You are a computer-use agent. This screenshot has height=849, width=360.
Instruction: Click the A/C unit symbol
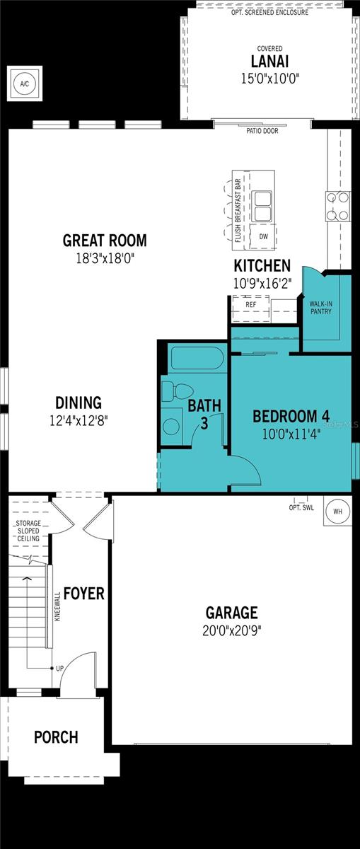click(x=25, y=83)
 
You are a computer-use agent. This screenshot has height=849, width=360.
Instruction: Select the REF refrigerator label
click(x=250, y=304)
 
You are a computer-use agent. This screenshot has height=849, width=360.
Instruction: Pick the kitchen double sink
click(x=263, y=205)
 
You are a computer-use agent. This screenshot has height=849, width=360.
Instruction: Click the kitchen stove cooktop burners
click(x=337, y=207)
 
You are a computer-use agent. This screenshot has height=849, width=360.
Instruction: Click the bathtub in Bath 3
click(x=196, y=359)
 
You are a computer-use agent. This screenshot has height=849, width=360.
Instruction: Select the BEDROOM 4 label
click(x=291, y=415)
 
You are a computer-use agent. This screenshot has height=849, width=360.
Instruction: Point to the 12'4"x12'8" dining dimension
click(x=78, y=420)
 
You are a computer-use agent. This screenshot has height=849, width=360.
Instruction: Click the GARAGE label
click(x=231, y=613)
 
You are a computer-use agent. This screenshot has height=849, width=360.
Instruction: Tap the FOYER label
click(x=83, y=593)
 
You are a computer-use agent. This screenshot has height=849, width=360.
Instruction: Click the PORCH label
click(x=56, y=737)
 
